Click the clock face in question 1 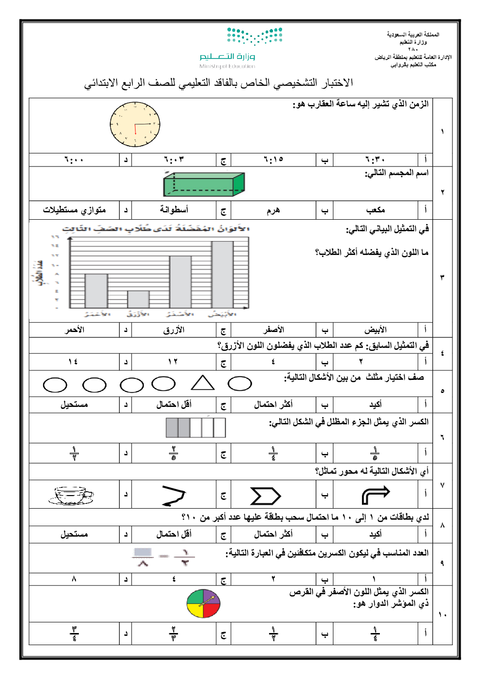pos(135,125)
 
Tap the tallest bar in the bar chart pos(222,274)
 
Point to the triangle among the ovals pos(202,383)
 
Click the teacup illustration pos(71,495)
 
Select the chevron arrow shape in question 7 pos(265,496)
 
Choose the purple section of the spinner pos(211,597)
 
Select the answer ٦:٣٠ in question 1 pos(375,160)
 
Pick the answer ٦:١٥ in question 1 pos(273,160)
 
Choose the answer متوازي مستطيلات pos(74,210)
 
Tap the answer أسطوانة pos(174,210)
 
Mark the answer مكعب pos(375,210)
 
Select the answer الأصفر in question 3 pos(273,330)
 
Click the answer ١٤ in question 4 pos(73,362)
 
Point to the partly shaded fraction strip pos(195,428)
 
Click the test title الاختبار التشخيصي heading pos(219,83)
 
